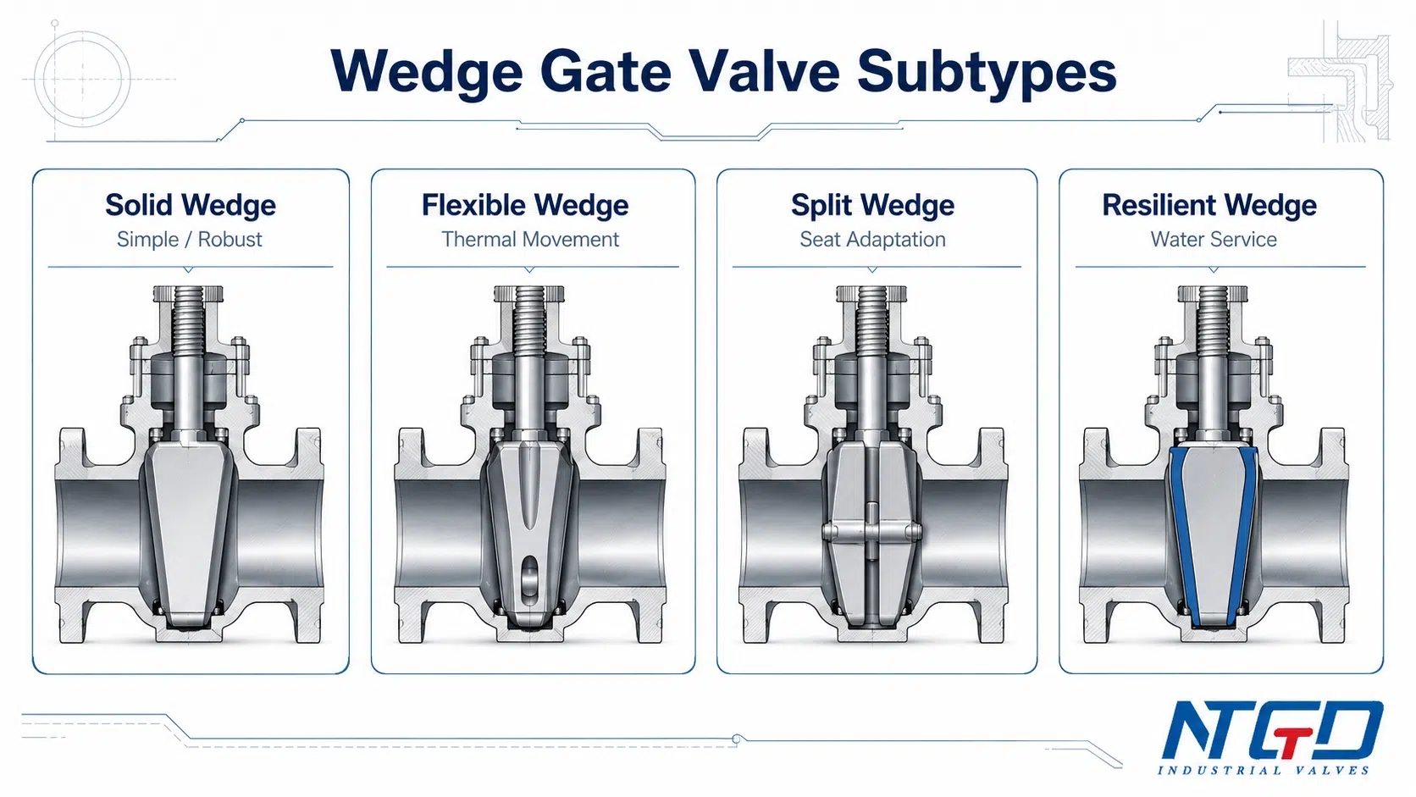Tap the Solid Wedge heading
(191, 206)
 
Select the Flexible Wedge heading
(525, 206)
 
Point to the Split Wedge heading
(872, 206)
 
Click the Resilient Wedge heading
(1209, 206)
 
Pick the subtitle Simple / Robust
(189, 240)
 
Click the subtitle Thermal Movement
(530, 240)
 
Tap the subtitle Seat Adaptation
(872, 240)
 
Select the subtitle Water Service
(1213, 240)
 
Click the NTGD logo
(1271, 731)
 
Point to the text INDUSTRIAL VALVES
(1263, 771)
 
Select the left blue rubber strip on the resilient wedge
(1183, 537)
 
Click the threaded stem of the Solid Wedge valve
(188, 323)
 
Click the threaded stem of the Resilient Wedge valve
(1212, 323)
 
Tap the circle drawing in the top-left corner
(82, 79)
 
